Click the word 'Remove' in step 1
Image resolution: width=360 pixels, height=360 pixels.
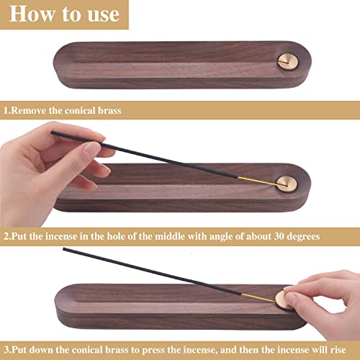coord(33,112)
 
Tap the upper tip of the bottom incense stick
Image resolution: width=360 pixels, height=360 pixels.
coord(65,250)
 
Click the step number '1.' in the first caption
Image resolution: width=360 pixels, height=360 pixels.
coord(6,112)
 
